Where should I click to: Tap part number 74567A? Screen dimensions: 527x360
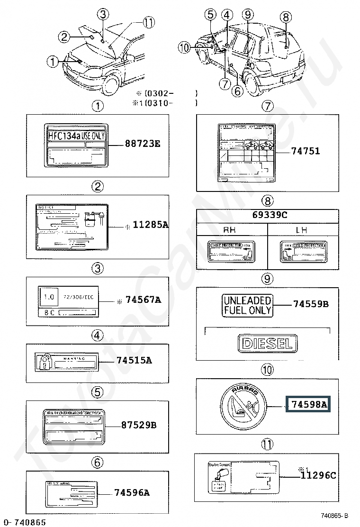(143, 300)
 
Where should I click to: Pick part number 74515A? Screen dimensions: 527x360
(134, 361)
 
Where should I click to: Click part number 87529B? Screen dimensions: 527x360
(138, 425)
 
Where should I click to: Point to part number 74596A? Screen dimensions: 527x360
(132, 493)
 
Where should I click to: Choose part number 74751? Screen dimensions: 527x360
(306, 151)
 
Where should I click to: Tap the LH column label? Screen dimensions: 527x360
(302, 230)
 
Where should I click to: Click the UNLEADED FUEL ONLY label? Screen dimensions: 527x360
(248, 305)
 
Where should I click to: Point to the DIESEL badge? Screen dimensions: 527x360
(268, 344)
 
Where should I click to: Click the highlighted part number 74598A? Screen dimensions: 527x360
(309, 404)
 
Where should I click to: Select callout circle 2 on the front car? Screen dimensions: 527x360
(65, 36)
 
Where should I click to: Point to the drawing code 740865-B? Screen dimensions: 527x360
(334, 516)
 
